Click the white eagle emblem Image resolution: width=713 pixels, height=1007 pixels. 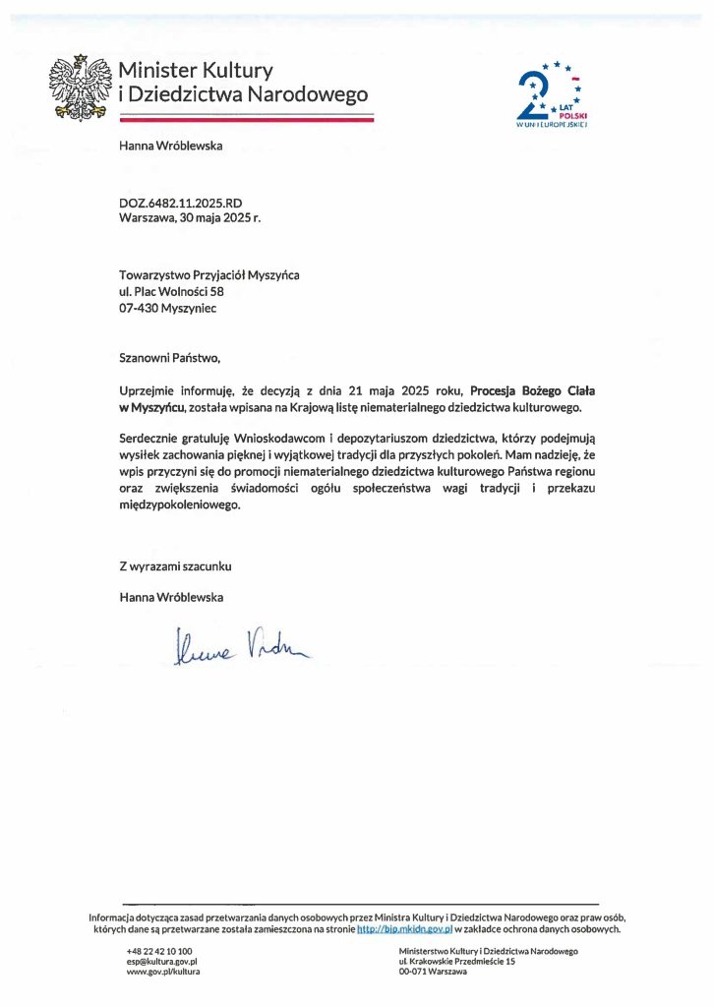83,87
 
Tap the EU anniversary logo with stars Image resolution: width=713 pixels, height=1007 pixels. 551,96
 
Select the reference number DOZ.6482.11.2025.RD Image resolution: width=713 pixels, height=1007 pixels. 180,204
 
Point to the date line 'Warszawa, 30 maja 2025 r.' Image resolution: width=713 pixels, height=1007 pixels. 190,218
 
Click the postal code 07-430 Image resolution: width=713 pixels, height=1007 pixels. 138,307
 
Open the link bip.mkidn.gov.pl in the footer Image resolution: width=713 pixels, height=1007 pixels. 404,928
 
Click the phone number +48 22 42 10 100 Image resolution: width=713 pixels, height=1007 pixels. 159,951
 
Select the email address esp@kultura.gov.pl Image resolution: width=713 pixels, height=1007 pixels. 162,961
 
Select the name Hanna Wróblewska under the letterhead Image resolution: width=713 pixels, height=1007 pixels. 171,147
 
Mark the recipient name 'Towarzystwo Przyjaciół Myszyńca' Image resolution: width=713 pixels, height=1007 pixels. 209,275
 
